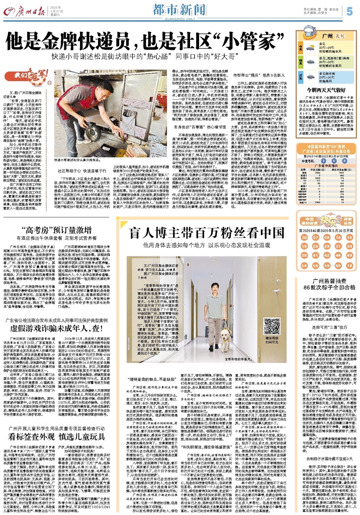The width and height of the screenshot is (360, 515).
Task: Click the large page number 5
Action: click(348, 10)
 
